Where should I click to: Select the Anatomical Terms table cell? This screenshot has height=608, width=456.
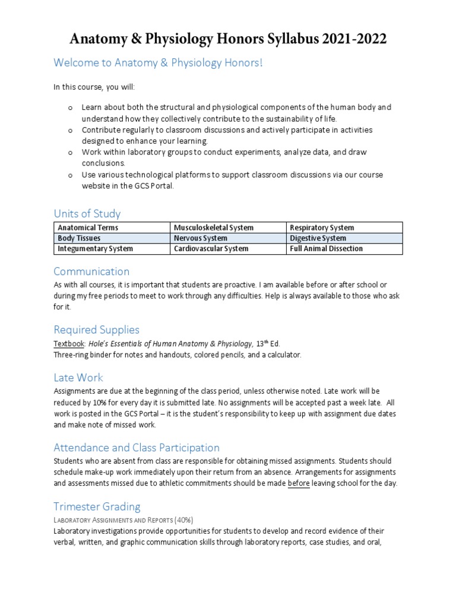(x=88, y=228)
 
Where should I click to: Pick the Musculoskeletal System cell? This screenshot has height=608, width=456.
(x=213, y=228)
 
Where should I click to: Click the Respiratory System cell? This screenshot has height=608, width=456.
(x=322, y=228)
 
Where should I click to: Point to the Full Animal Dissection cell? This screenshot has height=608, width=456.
(x=326, y=249)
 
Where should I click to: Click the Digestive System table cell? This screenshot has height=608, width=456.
(x=318, y=238)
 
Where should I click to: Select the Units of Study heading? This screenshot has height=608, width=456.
(x=87, y=213)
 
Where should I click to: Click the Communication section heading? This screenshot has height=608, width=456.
(x=91, y=271)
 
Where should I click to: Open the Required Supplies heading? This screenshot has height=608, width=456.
(x=96, y=330)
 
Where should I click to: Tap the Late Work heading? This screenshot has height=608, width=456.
(x=78, y=377)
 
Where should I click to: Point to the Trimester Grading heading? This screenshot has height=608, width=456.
(x=97, y=506)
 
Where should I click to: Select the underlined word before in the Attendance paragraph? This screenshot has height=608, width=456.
(x=299, y=483)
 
